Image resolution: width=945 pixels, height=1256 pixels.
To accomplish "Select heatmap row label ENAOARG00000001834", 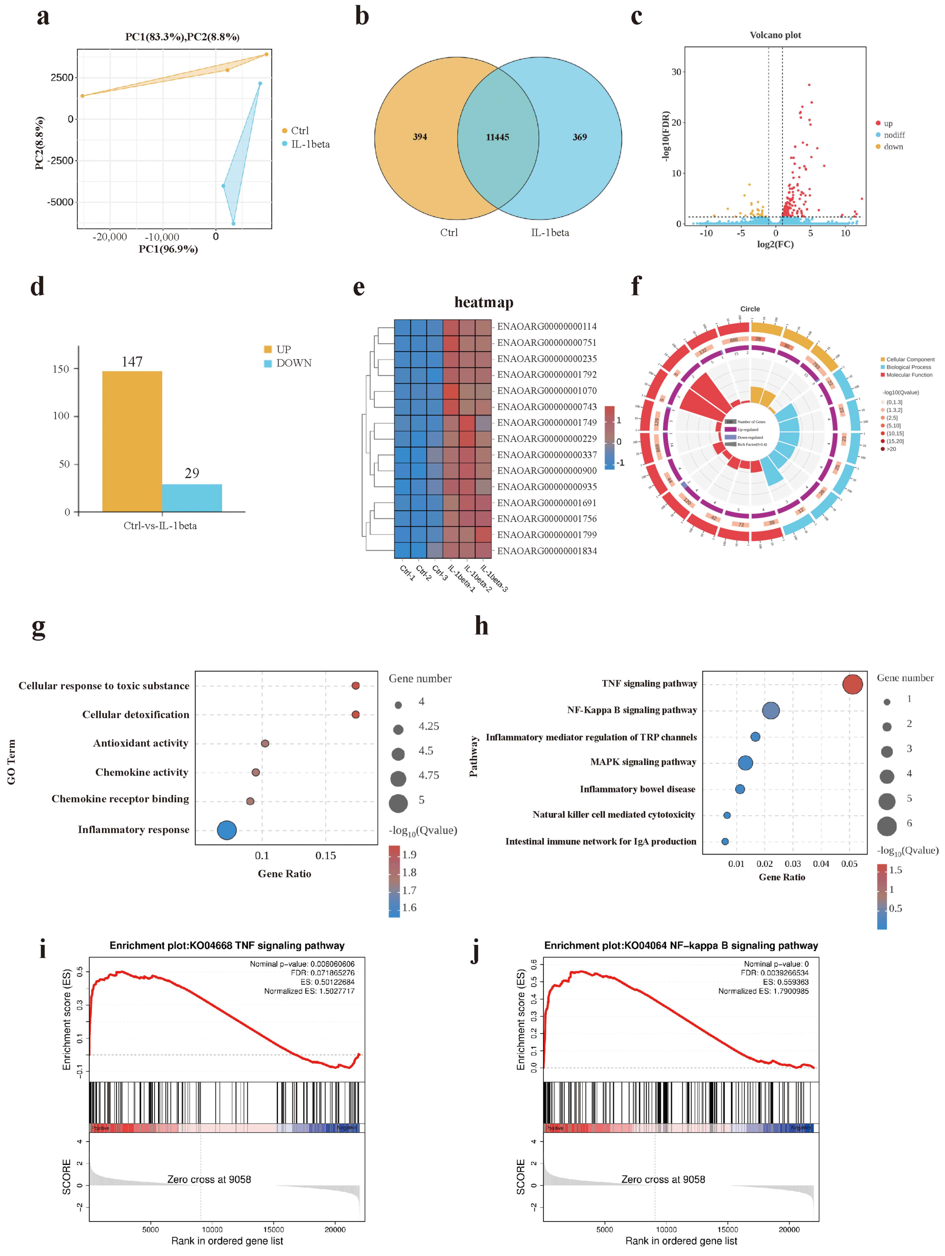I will (x=547, y=551).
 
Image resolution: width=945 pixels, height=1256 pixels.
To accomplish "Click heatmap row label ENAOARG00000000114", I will (x=547, y=327).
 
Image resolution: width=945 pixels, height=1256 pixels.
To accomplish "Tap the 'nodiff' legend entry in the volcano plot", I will (x=894, y=135).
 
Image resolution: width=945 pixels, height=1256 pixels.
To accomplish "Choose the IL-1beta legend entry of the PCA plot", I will (x=310, y=144).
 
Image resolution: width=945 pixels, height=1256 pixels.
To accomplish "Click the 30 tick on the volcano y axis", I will (x=676, y=72).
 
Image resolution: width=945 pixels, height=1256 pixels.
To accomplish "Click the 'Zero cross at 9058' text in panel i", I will (x=209, y=1179).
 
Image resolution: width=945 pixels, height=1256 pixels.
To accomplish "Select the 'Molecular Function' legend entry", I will (x=909, y=375).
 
